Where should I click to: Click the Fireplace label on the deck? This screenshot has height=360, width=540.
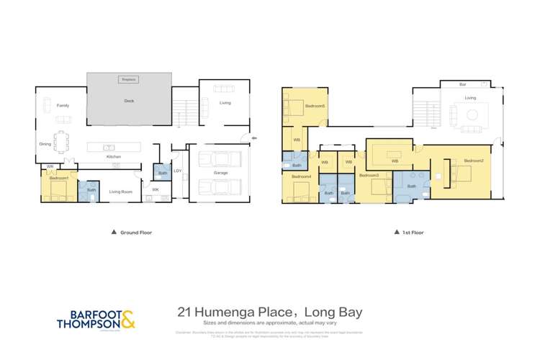click(x=129, y=79)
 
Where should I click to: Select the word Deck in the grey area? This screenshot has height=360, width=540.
click(x=129, y=102)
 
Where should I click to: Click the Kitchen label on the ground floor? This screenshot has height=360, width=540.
click(x=114, y=156)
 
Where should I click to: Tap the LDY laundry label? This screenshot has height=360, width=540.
click(x=177, y=171)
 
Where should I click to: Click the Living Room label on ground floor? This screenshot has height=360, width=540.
click(x=120, y=192)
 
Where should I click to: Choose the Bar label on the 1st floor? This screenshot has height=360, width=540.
click(x=462, y=85)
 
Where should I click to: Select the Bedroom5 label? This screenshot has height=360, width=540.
click(x=315, y=106)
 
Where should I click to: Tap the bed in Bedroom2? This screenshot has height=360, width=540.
click(x=462, y=172)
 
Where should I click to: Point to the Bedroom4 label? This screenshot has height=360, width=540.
click(x=301, y=176)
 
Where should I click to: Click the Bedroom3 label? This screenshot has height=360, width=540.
click(x=369, y=175)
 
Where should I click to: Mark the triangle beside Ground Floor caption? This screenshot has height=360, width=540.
click(x=113, y=233)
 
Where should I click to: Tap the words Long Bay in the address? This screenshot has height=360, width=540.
click(x=336, y=312)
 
